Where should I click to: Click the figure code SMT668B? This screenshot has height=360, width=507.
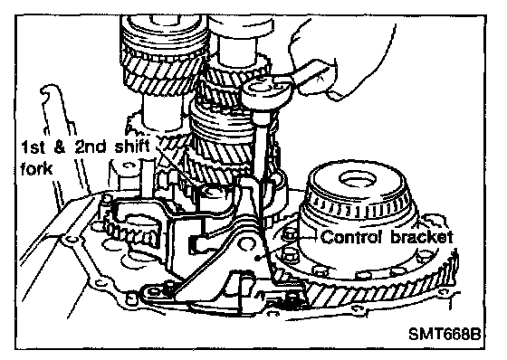click(445, 334)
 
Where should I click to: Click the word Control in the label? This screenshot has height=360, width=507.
click(353, 237)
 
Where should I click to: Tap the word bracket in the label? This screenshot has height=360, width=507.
click(422, 237)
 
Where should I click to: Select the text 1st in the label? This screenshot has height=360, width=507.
click(33, 147)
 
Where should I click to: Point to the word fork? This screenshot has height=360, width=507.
click(36, 168)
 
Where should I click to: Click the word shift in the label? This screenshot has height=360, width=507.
click(132, 147)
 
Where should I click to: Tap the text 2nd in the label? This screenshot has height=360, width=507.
click(91, 147)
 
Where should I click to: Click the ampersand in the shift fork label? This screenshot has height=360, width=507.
click(60, 147)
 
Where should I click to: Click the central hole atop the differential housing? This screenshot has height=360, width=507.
click(358, 180)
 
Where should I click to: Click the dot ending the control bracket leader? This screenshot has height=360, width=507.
click(258, 258)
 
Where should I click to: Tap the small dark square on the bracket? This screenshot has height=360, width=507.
click(193, 244)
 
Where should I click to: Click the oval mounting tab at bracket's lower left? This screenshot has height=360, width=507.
click(155, 292)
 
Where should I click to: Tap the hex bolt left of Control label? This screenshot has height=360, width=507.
click(289, 236)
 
